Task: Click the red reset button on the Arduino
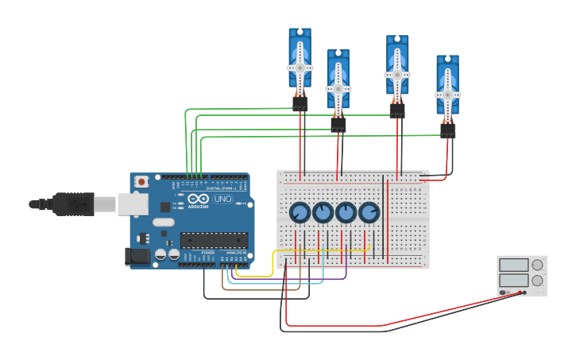141,181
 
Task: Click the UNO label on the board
223,199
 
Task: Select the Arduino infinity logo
199,199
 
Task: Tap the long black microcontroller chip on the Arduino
213,239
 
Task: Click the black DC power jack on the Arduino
137,256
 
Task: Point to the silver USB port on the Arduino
132,204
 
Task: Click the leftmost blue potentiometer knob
300,212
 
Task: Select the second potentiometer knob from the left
323,212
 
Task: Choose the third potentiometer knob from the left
346,212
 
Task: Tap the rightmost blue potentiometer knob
369,212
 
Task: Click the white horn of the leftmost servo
300,68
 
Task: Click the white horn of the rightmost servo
447,94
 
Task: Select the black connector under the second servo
338,124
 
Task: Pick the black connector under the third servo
397,110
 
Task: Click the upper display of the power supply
514,265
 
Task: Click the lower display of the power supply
514,281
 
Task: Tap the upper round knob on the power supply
538,265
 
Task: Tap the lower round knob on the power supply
538,281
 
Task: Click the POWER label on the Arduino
208,252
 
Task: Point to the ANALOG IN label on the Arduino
236,252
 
